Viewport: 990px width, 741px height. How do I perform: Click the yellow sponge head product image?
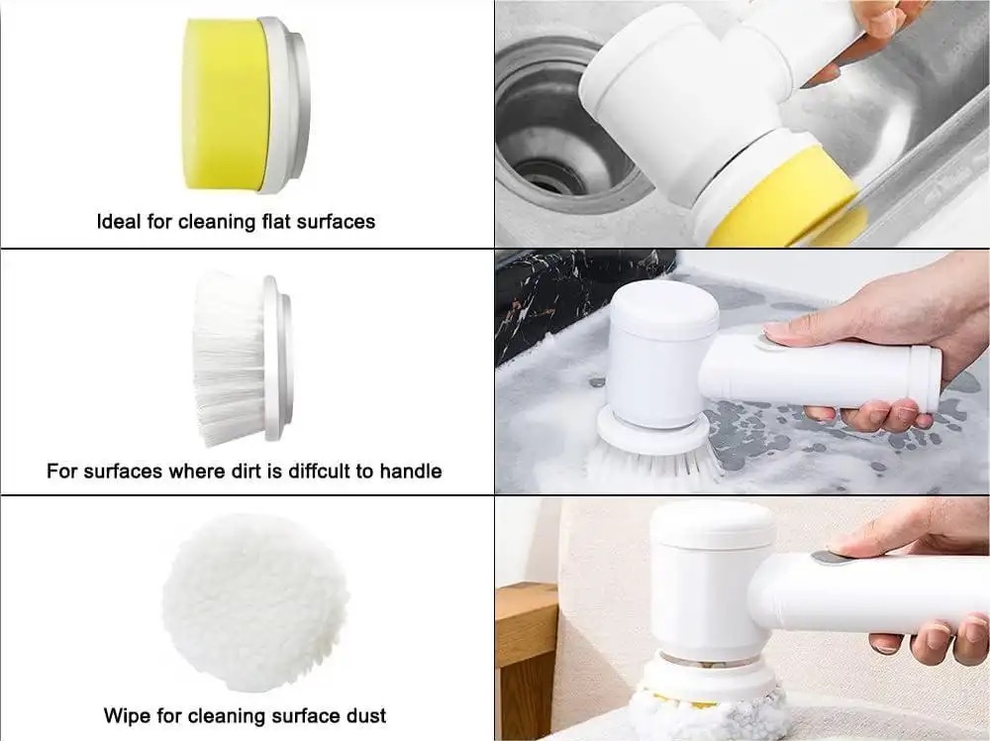247,105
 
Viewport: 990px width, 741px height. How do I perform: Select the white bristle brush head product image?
242,359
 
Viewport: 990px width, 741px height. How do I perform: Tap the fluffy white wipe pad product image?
255,602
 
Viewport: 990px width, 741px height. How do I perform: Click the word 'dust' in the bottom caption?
366,715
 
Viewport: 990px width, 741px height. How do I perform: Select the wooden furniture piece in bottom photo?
528,660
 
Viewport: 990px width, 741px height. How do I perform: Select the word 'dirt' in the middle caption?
248,471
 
